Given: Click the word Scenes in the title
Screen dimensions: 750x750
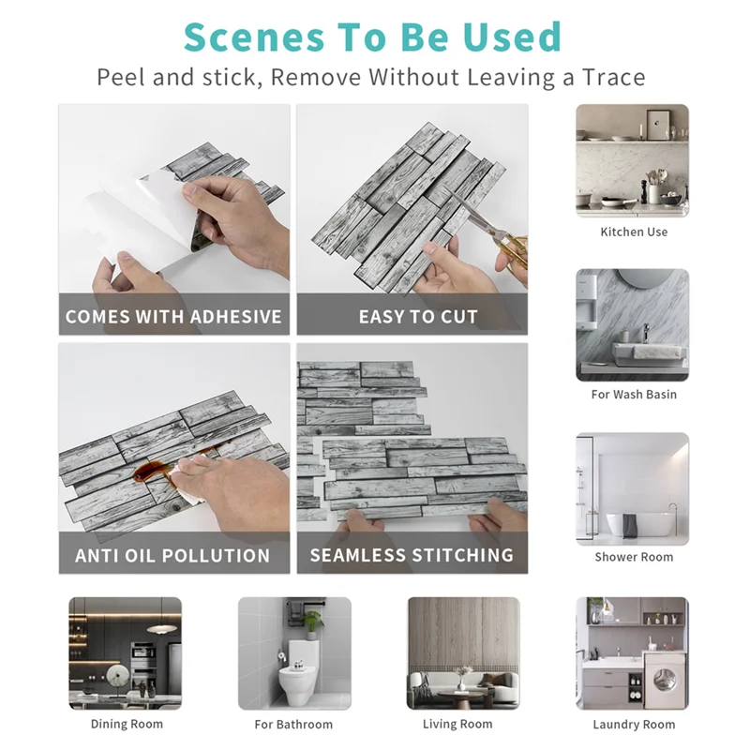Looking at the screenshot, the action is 254,37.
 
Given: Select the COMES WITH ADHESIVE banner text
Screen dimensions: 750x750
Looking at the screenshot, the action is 173,317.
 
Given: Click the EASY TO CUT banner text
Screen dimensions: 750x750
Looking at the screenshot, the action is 418,317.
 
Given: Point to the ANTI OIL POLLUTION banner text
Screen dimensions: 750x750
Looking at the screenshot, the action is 172,555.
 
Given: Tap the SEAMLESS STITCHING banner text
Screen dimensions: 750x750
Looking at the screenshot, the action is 412,555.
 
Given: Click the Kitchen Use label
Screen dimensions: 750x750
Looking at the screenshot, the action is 634,232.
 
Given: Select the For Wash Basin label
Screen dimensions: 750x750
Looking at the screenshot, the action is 634,395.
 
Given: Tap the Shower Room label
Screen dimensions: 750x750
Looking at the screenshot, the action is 634,557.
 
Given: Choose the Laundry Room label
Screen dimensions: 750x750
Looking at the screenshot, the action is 634,725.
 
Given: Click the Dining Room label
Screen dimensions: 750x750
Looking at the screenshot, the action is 127,724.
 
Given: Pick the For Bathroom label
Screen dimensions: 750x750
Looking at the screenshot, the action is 293,724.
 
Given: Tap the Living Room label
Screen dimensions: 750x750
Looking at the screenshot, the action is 457,724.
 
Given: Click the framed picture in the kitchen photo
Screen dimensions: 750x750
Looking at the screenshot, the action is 660,125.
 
